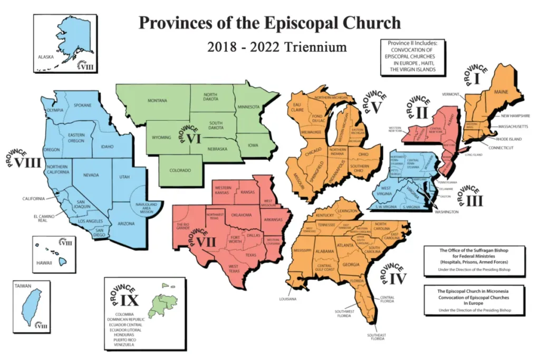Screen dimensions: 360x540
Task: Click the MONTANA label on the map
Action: click(x=157, y=101)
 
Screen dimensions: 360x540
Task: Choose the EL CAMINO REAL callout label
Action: click(x=31, y=218)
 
